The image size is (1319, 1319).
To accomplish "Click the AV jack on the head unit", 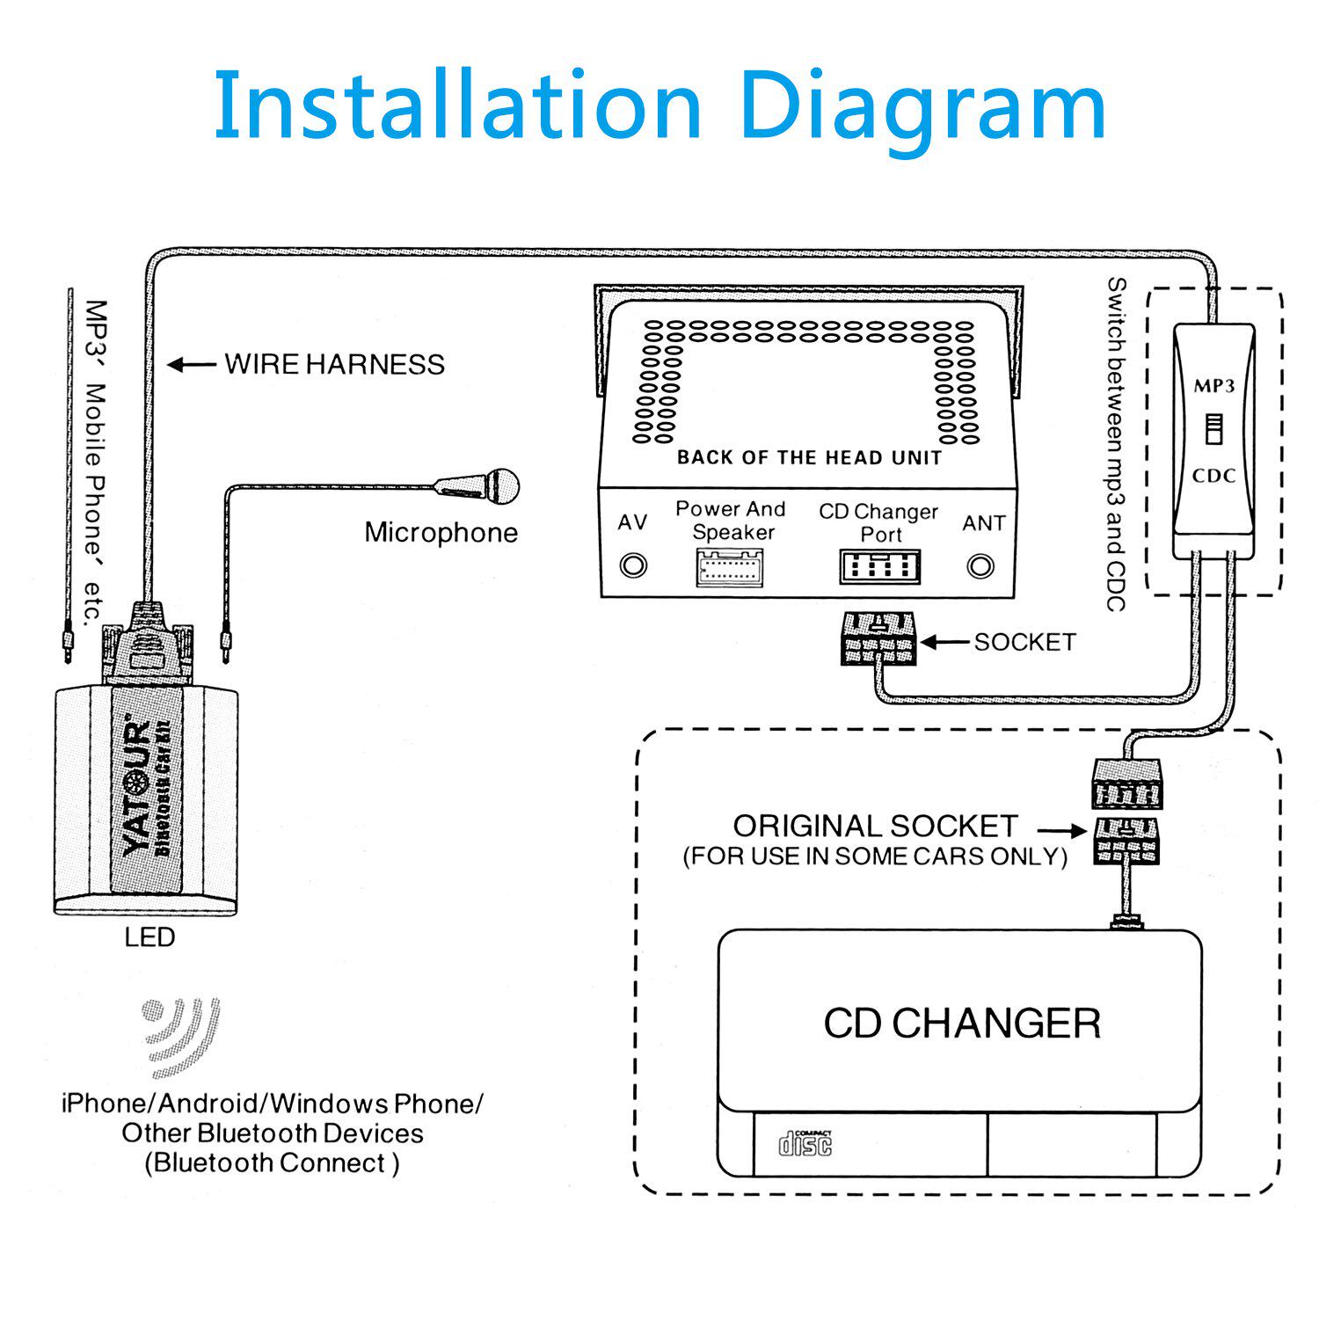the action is click(x=633, y=565).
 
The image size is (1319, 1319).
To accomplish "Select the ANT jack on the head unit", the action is click(x=980, y=565).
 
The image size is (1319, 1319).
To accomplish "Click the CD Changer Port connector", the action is click(x=879, y=567).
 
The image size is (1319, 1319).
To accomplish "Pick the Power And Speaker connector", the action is click(x=730, y=567).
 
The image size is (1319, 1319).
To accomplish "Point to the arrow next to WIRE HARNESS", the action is click(x=192, y=364).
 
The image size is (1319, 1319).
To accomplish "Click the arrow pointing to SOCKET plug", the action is click(x=944, y=643).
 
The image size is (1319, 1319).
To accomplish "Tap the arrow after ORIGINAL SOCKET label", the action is click(x=1062, y=830).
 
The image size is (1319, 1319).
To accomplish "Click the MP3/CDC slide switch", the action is click(x=1213, y=430).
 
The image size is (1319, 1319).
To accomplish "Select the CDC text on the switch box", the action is click(x=1213, y=476).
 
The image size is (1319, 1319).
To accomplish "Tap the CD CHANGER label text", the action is click(x=962, y=1024).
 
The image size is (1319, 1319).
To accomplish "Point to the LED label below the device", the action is click(x=149, y=937).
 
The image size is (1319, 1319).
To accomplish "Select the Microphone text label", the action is click(x=441, y=532).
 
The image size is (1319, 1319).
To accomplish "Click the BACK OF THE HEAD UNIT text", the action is click(x=809, y=457).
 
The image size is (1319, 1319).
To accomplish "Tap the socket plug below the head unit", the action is click(x=878, y=638).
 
